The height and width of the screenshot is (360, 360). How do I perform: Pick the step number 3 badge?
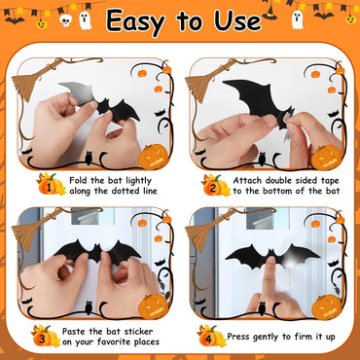[44, 336]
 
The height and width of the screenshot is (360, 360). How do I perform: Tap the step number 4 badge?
[209, 336]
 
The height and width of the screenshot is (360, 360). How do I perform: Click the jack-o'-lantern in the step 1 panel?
[154, 156]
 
